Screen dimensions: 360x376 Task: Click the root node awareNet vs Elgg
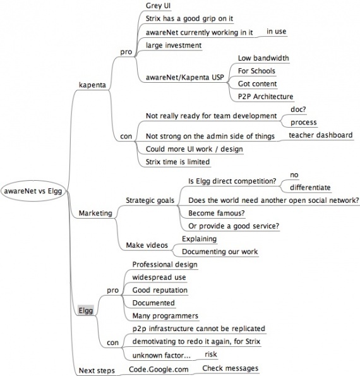[33, 191]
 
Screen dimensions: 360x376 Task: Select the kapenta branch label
[92, 85]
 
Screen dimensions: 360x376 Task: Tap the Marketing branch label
[95, 213]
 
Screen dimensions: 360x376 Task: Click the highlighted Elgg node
[85, 310]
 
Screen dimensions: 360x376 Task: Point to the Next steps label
[97, 370]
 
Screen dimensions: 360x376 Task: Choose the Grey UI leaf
[158, 6]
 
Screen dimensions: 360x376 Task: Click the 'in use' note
[277, 32]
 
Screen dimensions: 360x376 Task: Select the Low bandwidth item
[263, 58]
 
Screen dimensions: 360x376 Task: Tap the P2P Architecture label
[265, 97]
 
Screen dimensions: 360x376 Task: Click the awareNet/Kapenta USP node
[185, 77]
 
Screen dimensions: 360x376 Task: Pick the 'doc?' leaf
[298, 109]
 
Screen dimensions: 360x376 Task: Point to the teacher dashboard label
[321, 135]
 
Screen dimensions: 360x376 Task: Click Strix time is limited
[177, 162]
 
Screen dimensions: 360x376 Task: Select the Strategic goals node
[150, 200]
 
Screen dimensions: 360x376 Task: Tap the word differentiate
[310, 188]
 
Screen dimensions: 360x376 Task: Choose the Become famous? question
[217, 213]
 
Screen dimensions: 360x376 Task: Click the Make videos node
[147, 245]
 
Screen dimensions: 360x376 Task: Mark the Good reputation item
[160, 290]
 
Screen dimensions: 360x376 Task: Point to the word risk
[211, 354]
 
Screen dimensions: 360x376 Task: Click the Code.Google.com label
[159, 369]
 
